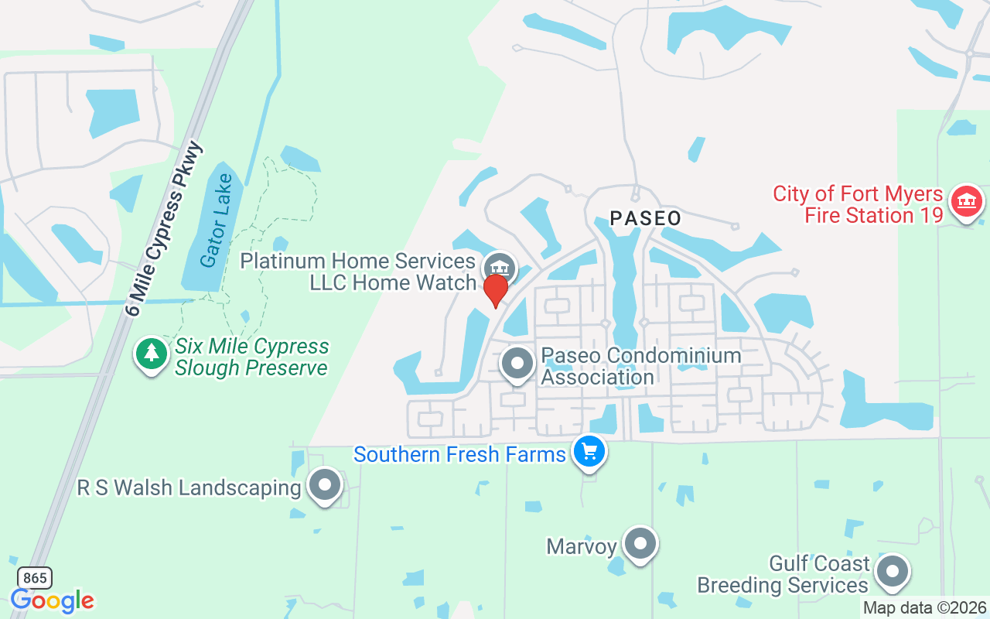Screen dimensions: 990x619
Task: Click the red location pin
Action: pos(495,290)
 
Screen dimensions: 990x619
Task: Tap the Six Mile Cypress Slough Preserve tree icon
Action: pos(152,354)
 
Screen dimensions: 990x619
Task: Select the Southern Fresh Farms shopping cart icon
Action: pos(589,450)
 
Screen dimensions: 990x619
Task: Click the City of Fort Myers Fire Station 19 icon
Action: pos(966,201)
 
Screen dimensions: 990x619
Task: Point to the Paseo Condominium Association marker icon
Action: pos(517,363)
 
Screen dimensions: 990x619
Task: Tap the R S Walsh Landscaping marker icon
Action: pos(325,485)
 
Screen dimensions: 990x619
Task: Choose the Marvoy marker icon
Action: pos(640,544)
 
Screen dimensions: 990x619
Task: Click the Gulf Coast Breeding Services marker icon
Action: pos(893,572)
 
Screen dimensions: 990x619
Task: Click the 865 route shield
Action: pos(34,577)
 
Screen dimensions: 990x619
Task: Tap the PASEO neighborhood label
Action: pos(646,218)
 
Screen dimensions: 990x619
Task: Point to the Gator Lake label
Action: pos(216,221)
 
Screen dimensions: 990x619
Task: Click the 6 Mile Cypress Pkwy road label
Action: pos(164,229)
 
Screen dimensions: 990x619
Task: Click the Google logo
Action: pos(52,600)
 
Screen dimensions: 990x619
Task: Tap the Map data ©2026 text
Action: pos(925,608)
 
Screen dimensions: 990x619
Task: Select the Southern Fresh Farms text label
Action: pos(459,454)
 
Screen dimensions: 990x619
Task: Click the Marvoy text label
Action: pos(582,546)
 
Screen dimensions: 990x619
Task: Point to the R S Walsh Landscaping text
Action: pos(189,488)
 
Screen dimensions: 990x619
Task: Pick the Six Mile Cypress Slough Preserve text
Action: pos(252,357)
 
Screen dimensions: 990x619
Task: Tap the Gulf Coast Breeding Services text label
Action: pos(783,574)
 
